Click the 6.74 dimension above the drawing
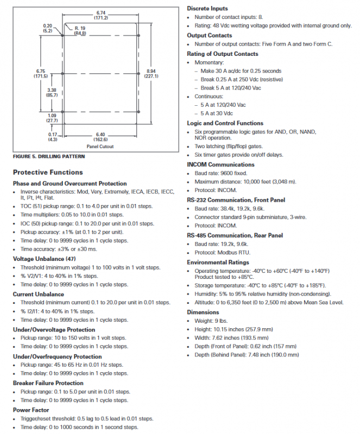click(101, 12)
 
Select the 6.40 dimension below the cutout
click(100, 133)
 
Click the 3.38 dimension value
click(52, 91)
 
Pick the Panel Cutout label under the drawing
click(100, 146)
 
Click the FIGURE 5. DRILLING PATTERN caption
click(48, 156)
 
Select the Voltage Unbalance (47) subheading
click(45, 259)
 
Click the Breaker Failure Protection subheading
click(48, 383)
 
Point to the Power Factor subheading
click(30, 410)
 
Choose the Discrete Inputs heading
click(207, 9)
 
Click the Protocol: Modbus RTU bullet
click(223, 252)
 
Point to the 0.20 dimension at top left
click(47, 25)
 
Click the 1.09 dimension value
click(52, 116)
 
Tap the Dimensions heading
click(203, 312)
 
